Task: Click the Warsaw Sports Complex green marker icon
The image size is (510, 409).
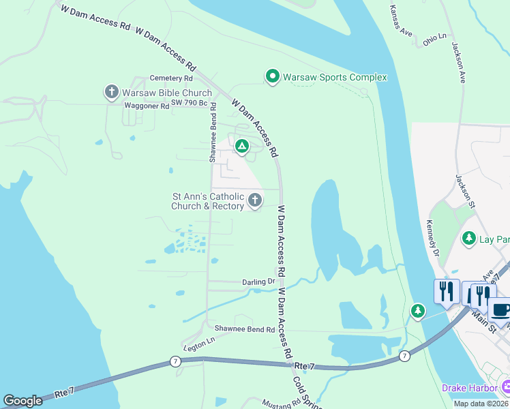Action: (x=273, y=76)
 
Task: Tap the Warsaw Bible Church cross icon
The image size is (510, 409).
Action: (x=112, y=93)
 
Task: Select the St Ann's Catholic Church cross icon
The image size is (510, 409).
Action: (x=255, y=200)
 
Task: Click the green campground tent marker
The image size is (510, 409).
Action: (x=241, y=146)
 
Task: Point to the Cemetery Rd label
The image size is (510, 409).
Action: (x=153, y=79)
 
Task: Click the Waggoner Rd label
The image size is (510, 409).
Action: (x=147, y=106)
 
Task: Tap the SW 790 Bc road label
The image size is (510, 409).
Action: (x=188, y=102)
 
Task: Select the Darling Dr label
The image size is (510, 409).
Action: (x=258, y=282)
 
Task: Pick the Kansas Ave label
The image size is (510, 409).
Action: (x=402, y=23)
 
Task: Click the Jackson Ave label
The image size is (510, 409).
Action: (x=458, y=63)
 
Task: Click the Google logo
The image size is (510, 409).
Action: (x=22, y=401)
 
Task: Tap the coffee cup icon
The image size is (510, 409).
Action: (x=501, y=309)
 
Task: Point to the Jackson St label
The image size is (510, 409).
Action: (x=464, y=187)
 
